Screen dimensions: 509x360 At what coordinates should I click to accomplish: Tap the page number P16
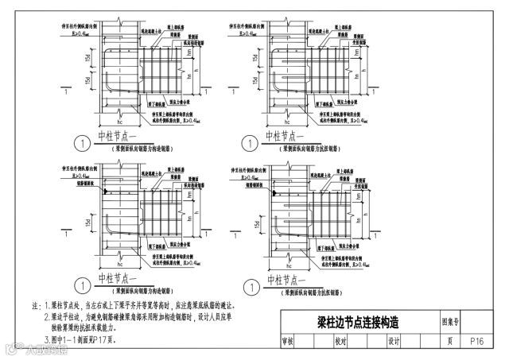point(477,341)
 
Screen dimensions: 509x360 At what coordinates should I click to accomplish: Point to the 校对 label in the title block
point(340,341)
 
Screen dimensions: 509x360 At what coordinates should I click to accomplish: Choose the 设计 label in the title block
point(393,341)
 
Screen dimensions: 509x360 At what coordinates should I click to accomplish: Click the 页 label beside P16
point(450,341)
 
